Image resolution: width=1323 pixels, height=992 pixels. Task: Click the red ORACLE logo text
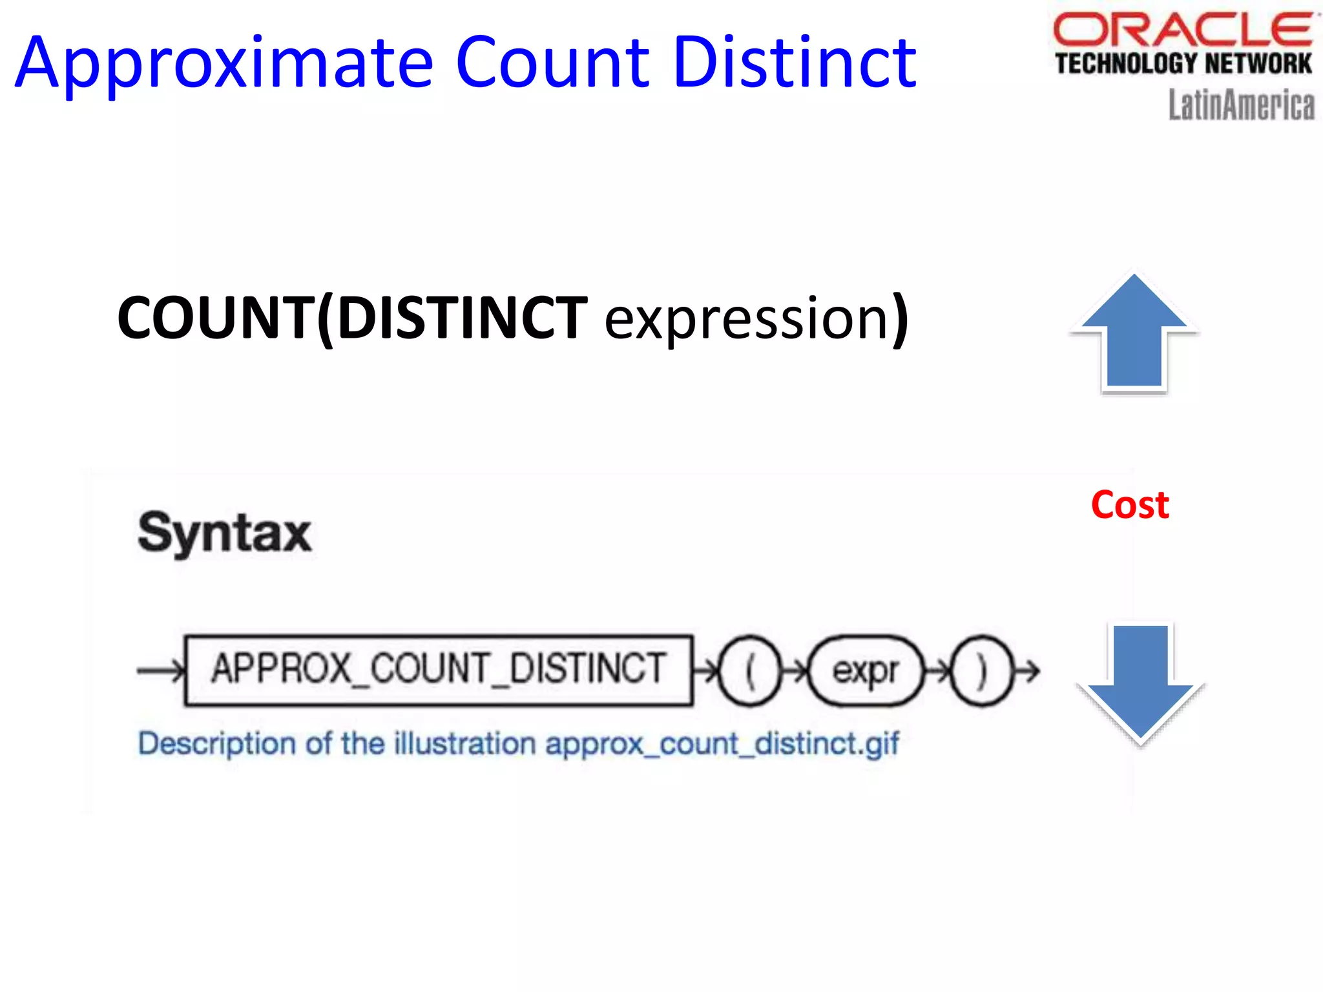pos(1183,30)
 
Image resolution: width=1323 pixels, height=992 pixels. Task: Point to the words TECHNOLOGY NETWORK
pos(1183,64)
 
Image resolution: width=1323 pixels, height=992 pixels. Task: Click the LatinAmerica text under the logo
pos(1241,105)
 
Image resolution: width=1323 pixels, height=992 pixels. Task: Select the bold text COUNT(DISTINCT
pos(352,318)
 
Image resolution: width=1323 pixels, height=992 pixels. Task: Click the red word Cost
pos(1130,505)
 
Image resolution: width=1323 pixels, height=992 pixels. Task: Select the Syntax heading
pos(225,533)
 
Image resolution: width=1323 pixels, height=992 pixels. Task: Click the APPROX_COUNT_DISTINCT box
pos(439,670)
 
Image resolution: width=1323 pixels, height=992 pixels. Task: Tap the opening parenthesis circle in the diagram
pos(749,671)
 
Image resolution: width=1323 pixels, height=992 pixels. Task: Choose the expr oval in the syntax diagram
pos(866,671)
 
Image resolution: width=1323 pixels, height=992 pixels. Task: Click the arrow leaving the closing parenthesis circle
pos(1027,671)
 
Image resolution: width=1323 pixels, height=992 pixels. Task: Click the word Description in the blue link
pos(217,743)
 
